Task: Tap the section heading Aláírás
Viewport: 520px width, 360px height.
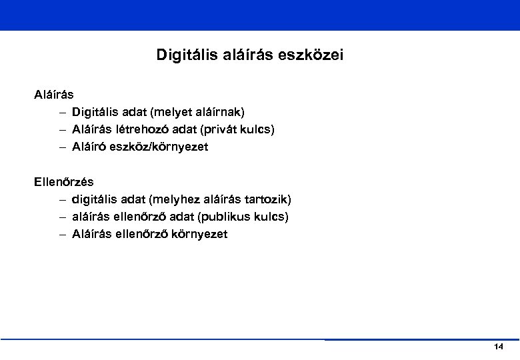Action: tap(54, 95)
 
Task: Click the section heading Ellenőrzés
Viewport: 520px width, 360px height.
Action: tap(64, 181)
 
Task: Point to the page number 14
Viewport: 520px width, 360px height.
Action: tap(499, 347)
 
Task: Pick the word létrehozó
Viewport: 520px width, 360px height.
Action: tap(145, 129)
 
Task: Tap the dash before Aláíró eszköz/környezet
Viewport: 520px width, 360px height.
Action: tap(61, 147)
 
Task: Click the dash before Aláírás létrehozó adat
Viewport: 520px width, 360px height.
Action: tap(61, 129)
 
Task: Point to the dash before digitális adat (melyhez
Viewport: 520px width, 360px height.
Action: tap(61, 199)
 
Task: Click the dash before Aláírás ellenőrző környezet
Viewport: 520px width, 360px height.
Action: tap(61, 234)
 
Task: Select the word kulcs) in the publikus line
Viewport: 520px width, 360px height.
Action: tap(273, 217)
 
